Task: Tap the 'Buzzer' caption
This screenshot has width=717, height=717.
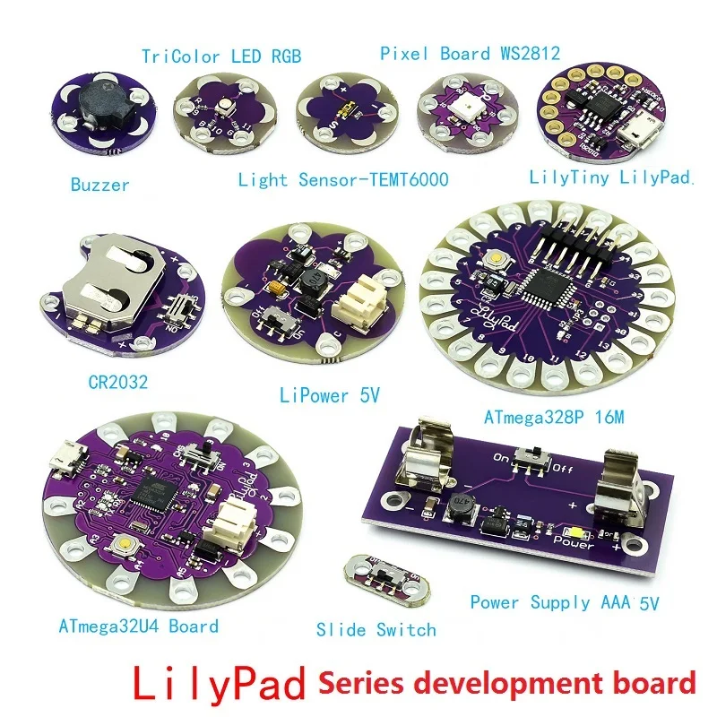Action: pyautogui.click(x=100, y=186)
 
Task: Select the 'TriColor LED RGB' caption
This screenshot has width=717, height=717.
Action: pyautogui.click(x=220, y=56)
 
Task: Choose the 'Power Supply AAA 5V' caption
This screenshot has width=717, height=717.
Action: pyautogui.click(x=565, y=602)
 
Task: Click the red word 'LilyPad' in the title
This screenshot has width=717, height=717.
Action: pyautogui.click(x=220, y=683)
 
